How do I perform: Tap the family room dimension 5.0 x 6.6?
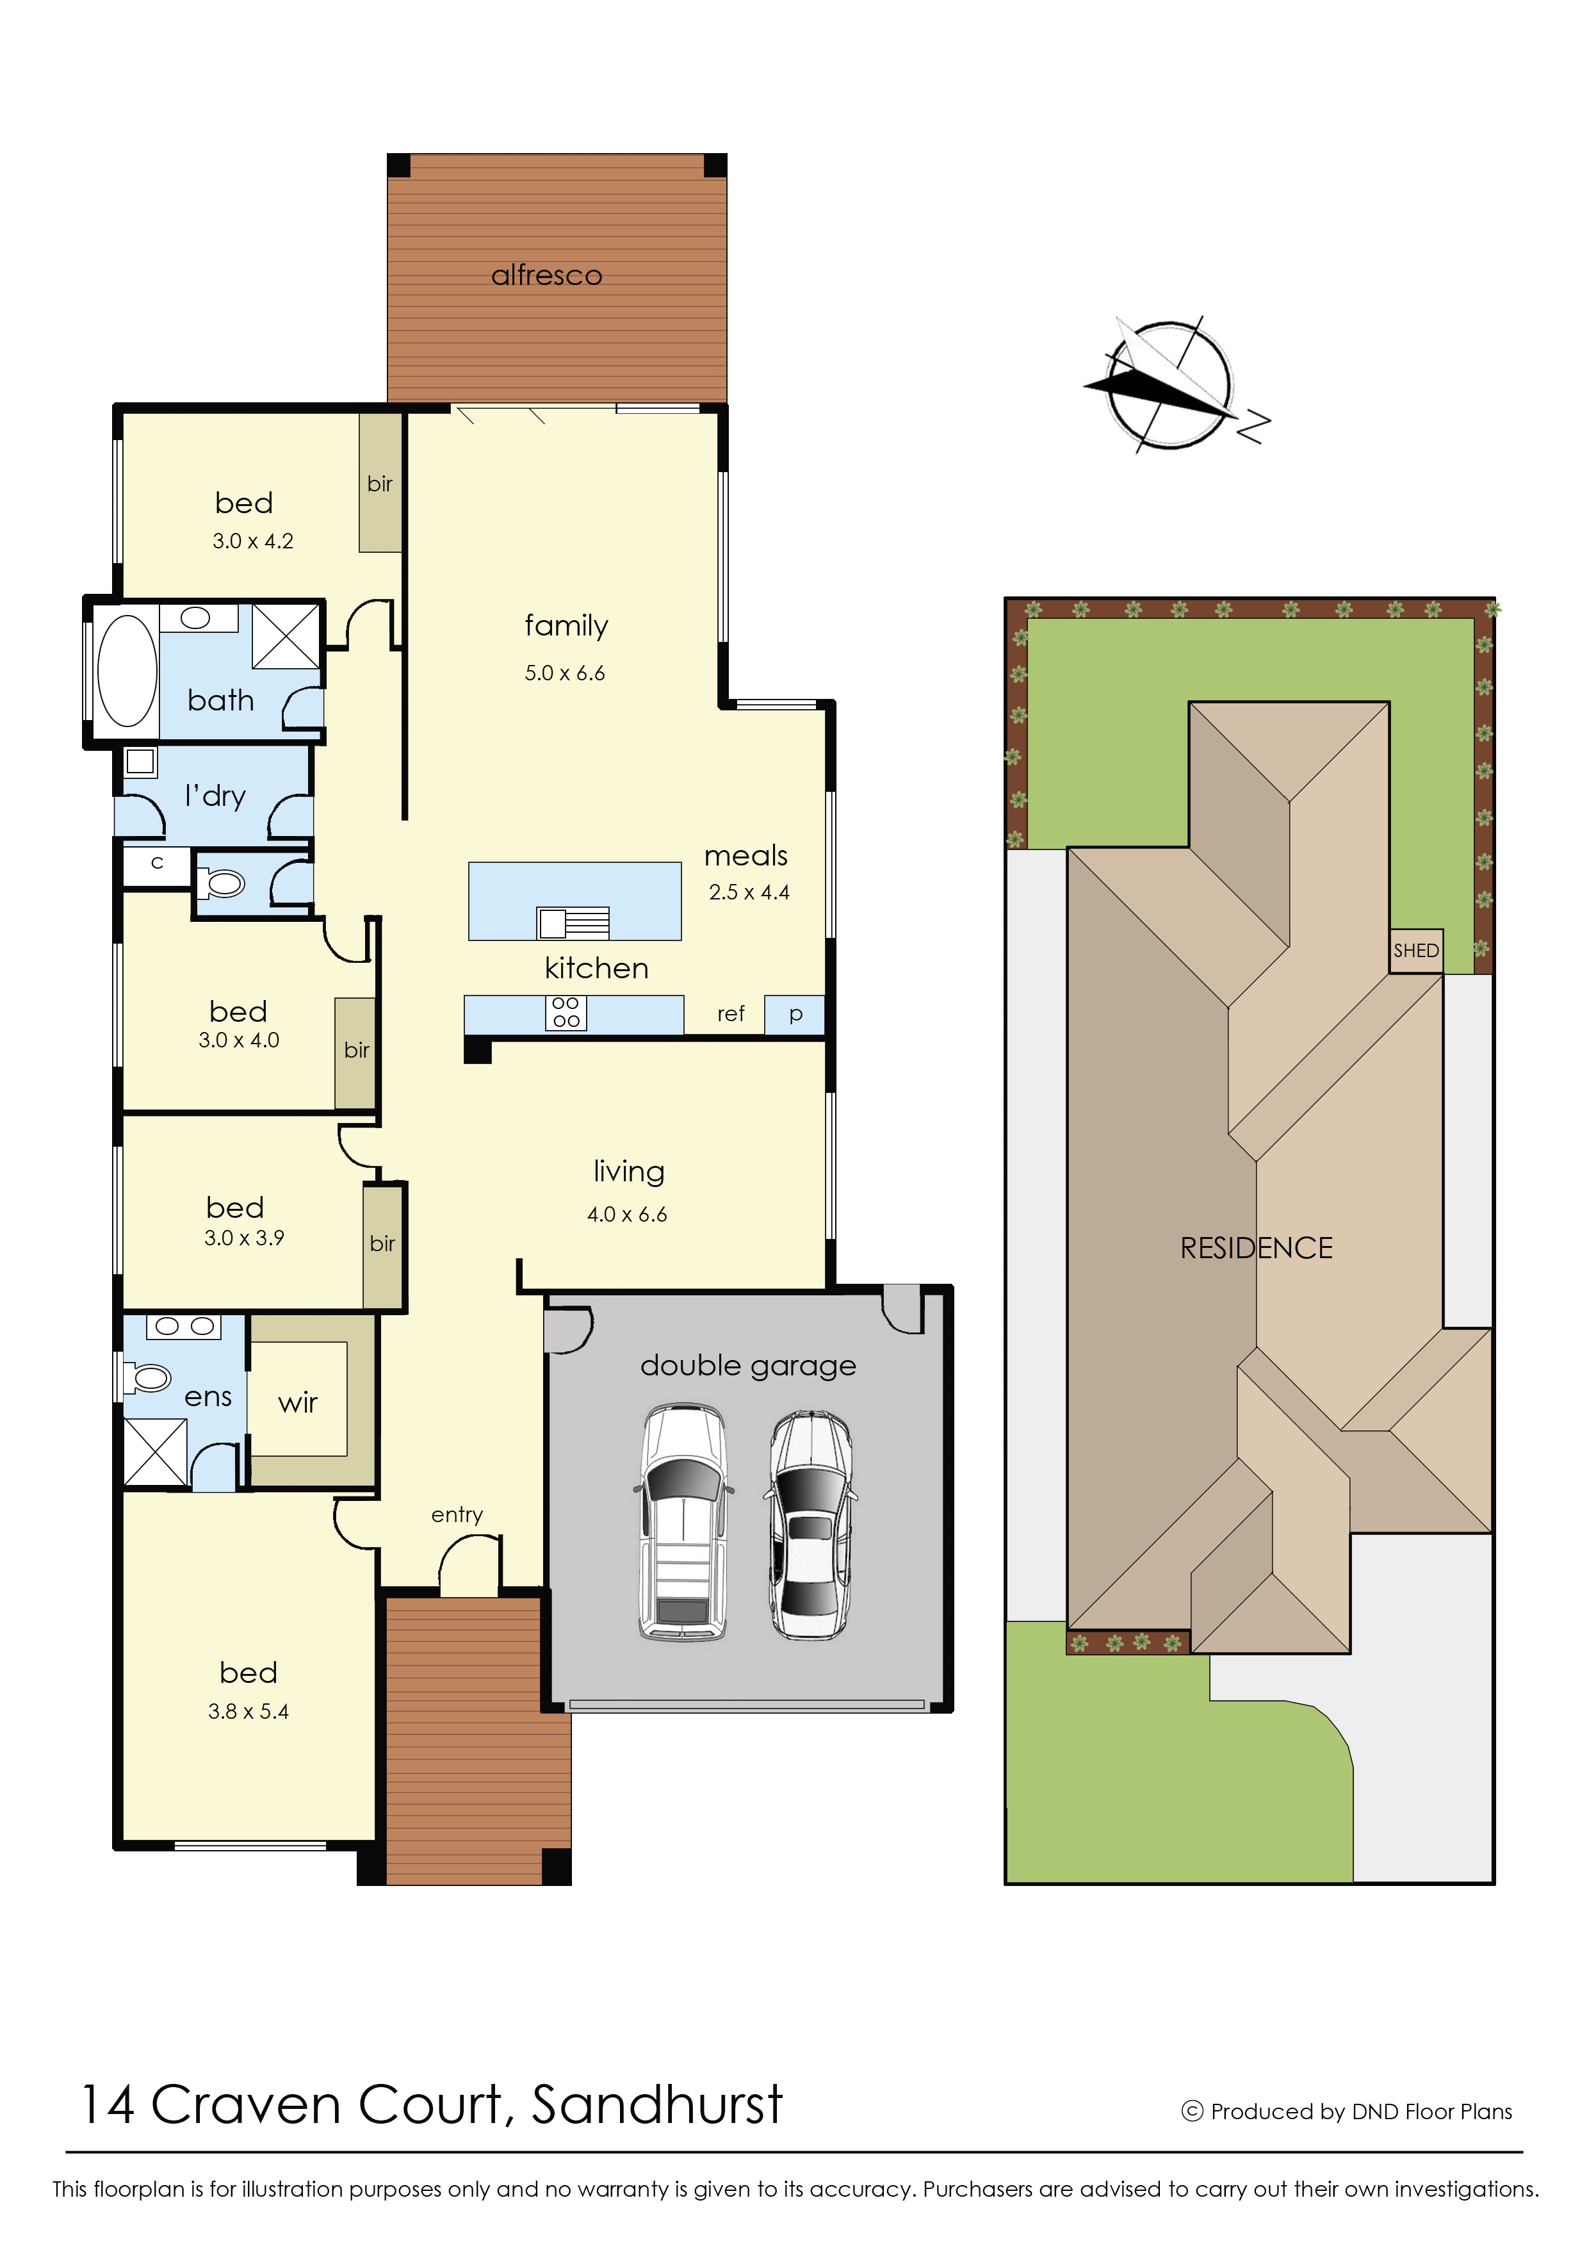tap(564, 673)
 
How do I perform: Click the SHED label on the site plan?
tap(1416, 950)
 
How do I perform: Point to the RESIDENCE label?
tap(1257, 1248)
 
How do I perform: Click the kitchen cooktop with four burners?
tap(566, 1013)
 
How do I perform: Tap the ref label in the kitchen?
tap(731, 1014)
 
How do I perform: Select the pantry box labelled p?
tap(794, 1015)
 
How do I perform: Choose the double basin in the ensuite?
tap(184, 1327)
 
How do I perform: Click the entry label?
tap(457, 1515)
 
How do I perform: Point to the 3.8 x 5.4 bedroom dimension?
tap(249, 1712)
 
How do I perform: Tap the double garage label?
tap(749, 1366)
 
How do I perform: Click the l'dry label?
tap(215, 797)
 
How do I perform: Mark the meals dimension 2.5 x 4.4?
tap(749, 892)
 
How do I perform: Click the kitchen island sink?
tap(573, 923)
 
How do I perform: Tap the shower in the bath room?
tap(286, 636)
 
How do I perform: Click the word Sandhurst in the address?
tap(656, 2105)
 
